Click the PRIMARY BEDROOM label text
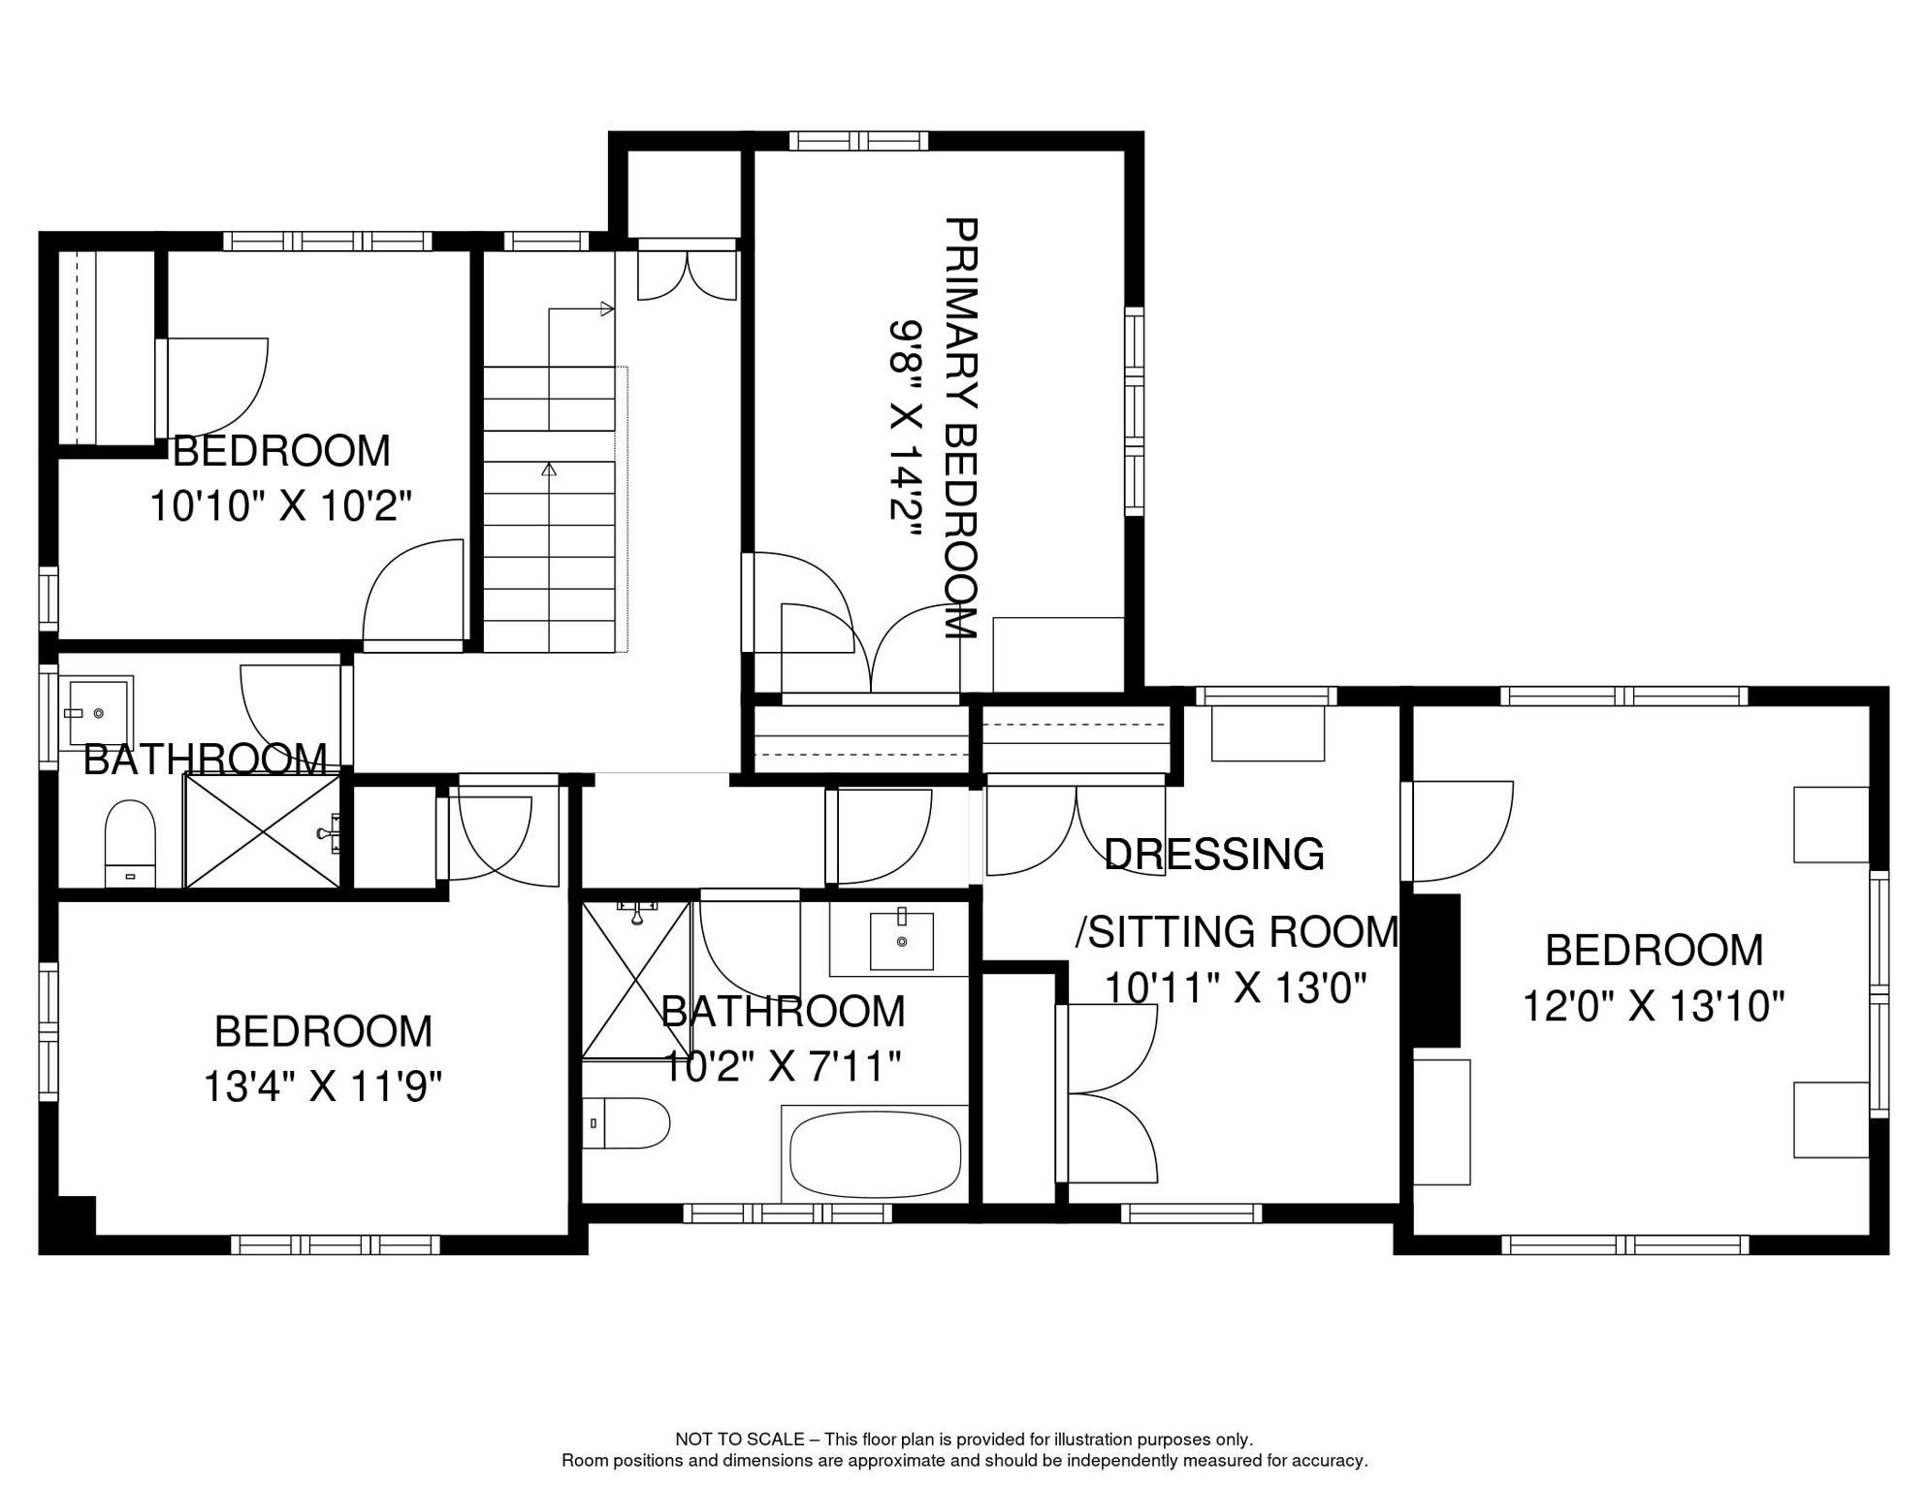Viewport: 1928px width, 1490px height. pyautogui.click(x=960, y=428)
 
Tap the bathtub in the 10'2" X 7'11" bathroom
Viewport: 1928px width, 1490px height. pyautogui.click(x=875, y=1154)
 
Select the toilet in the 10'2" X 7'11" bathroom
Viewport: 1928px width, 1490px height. pyautogui.click(x=627, y=1123)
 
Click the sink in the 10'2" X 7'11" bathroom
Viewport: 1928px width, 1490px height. pyautogui.click(x=901, y=940)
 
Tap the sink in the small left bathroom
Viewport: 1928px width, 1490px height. pyautogui.click(x=96, y=713)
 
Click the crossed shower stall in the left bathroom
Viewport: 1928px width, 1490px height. pyautogui.click(x=264, y=829)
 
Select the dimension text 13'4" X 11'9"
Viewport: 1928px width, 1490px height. pyautogui.click(x=323, y=1087)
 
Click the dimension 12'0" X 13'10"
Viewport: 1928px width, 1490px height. pyautogui.click(x=1654, y=1006)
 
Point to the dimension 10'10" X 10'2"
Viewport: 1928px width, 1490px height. pyautogui.click(x=281, y=505)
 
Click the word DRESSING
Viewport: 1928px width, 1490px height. pyautogui.click(x=1214, y=855)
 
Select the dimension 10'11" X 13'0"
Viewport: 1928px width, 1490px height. pyautogui.click(x=1237, y=988)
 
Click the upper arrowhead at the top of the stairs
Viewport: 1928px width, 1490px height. pyautogui.click(x=607, y=309)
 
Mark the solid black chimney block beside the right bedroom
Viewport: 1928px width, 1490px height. pyautogui.click(x=1435, y=970)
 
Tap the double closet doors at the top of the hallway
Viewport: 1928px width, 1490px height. pyautogui.click(x=687, y=275)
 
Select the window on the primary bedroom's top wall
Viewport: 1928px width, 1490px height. pyautogui.click(x=859, y=141)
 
